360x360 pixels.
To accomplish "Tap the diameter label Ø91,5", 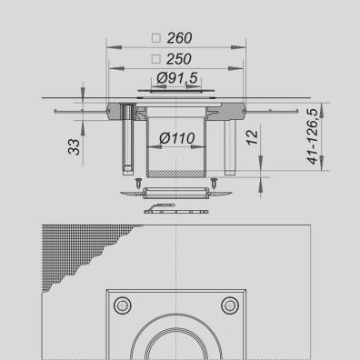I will (177, 79).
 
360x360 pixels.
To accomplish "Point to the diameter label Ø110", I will (178, 139).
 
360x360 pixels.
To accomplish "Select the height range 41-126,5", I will (312, 136).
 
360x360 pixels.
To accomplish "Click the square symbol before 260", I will (155, 39).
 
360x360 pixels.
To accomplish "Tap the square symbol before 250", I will (155, 60).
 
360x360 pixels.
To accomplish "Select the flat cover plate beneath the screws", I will (176, 193).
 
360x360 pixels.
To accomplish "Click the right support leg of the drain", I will (234, 145).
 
